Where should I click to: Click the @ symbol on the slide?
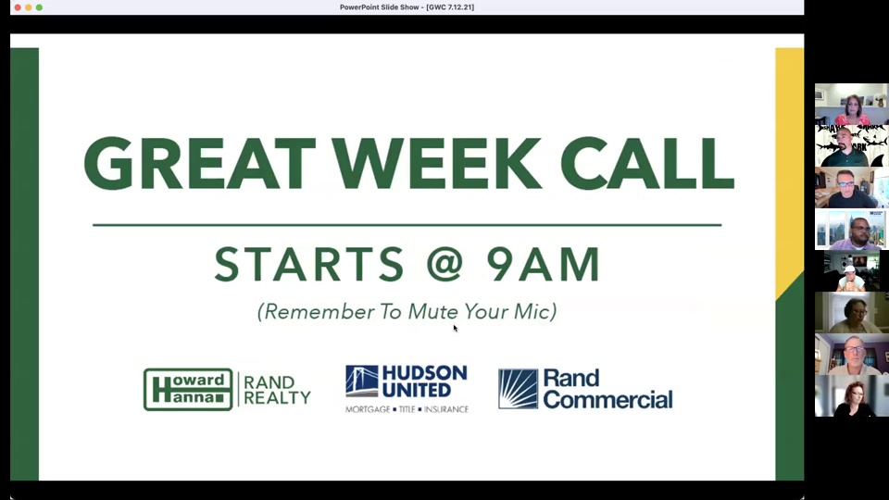point(445,264)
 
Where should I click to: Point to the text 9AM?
point(544,264)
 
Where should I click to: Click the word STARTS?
point(309,264)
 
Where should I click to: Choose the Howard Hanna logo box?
point(188,390)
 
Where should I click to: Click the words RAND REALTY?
point(277,390)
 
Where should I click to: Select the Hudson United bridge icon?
point(362,381)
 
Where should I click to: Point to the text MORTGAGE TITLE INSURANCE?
point(407,408)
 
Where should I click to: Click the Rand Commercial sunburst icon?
point(518,389)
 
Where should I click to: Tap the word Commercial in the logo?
point(608,400)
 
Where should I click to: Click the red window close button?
point(18,7)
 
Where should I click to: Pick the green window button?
point(39,7)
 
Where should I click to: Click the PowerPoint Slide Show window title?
point(407,7)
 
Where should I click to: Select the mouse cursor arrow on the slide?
point(456,328)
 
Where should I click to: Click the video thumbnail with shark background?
point(852,145)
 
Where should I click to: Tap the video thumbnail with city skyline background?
point(852,229)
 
